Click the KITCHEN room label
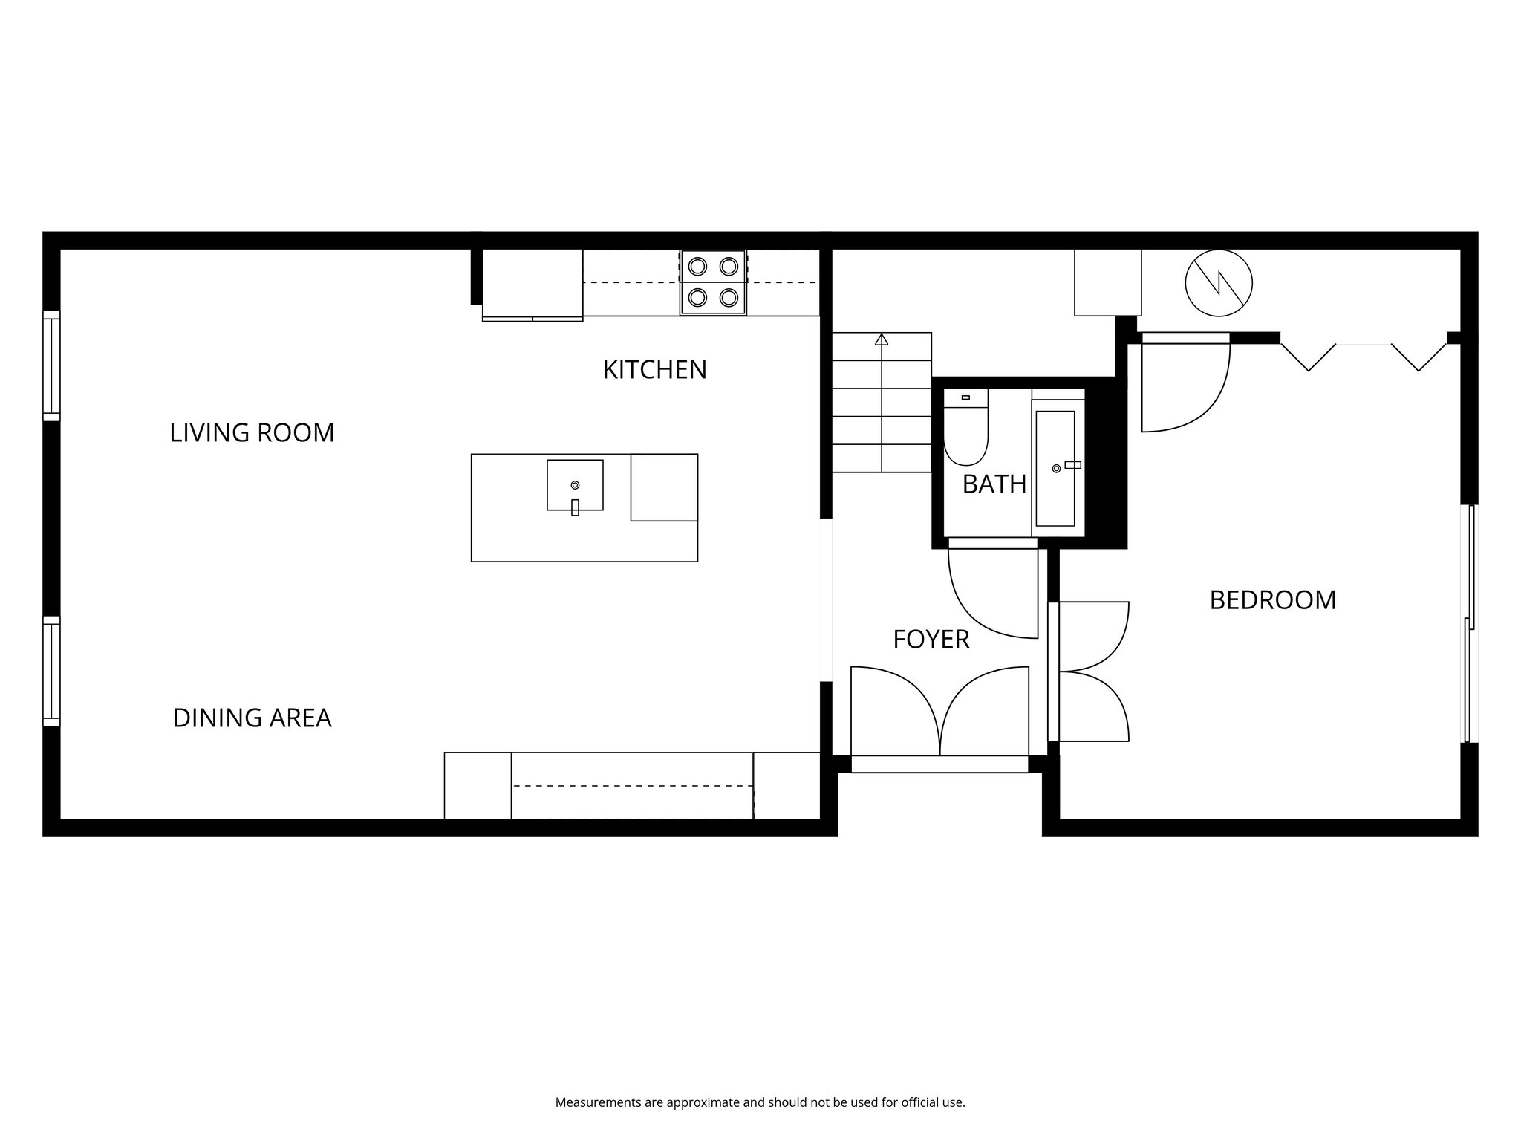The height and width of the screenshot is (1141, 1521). (x=654, y=370)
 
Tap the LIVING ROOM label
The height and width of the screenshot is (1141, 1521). (x=252, y=433)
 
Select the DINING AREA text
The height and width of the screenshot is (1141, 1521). (x=252, y=718)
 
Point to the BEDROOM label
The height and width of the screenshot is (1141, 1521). (x=1272, y=600)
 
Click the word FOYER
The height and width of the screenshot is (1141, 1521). (x=931, y=640)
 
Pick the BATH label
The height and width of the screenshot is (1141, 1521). (x=994, y=484)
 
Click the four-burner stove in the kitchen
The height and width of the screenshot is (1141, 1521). (x=713, y=282)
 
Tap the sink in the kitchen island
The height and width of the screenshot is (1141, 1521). (x=575, y=485)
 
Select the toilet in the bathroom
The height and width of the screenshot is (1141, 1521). (x=965, y=431)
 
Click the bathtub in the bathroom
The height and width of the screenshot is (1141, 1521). (x=1055, y=468)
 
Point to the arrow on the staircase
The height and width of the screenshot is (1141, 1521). (x=882, y=341)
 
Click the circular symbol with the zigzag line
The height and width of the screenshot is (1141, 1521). (x=1219, y=282)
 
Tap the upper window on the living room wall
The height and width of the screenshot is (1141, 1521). (x=51, y=364)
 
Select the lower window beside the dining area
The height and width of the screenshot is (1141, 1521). (x=51, y=671)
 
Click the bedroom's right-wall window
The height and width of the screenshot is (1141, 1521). (x=1469, y=624)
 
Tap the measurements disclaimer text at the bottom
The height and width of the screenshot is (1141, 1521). (x=760, y=1102)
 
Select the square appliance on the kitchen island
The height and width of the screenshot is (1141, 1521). (x=663, y=487)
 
